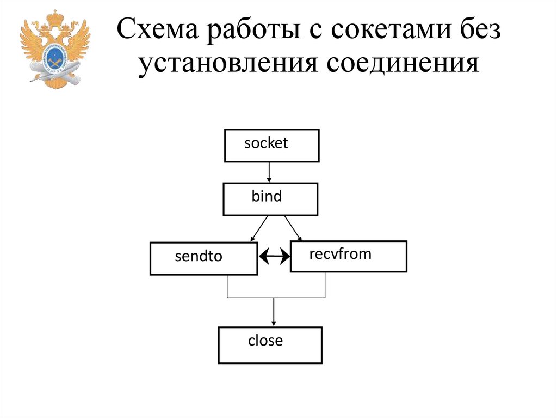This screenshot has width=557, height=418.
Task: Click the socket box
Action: pos(271,146)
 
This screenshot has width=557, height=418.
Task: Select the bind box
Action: pos(270,199)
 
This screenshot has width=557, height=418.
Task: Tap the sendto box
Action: pos(203,258)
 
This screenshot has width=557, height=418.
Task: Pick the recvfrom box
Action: pos(348,256)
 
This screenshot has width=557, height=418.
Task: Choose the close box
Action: pos(270,345)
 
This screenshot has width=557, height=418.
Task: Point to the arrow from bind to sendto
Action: pos(259,228)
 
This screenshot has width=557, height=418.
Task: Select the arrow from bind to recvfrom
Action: pos(293,228)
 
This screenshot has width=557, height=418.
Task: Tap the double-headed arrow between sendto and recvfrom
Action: pos(274,256)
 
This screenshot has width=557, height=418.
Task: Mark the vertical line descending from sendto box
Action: pos(227,286)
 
